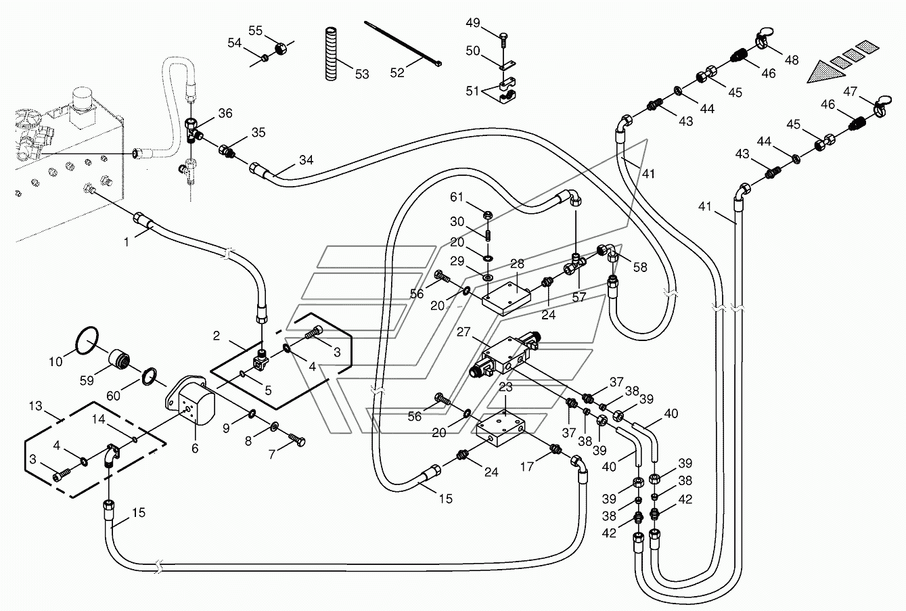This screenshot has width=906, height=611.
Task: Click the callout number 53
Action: click(x=362, y=74)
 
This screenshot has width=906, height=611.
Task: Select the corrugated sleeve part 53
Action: click(x=332, y=55)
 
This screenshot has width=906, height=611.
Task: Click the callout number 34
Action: click(x=307, y=160)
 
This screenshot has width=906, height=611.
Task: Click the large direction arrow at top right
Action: click(x=828, y=70)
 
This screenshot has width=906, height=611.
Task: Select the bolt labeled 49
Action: click(x=503, y=38)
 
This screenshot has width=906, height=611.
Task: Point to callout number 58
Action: click(x=639, y=267)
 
